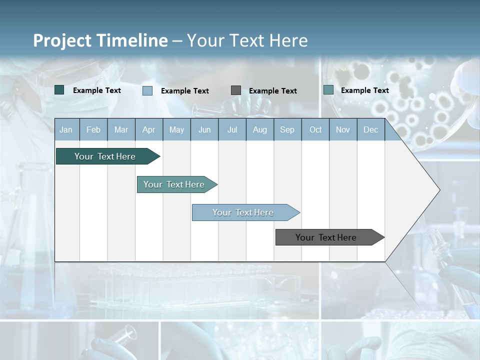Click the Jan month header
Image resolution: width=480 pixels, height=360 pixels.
click(66, 130)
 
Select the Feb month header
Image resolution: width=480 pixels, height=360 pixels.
click(93, 130)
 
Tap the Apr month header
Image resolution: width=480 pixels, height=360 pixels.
click(149, 130)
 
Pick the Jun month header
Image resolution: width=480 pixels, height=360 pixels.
click(204, 130)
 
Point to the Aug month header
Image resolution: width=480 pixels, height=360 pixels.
click(260, 130)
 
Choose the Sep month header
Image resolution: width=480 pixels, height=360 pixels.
click(287, 130)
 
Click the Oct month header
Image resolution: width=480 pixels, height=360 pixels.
click(315, 130)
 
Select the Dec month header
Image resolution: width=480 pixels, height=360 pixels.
click(371, 130)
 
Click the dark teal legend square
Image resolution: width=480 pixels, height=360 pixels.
click(59, 90)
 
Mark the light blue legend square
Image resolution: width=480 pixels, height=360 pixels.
click(147, 90)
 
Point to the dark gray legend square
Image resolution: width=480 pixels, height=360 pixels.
click(236, 90)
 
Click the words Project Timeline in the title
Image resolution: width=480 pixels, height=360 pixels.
click(100, 40)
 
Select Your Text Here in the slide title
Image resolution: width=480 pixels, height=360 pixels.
click(247, 40)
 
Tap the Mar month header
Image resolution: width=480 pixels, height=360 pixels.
click(121, 130)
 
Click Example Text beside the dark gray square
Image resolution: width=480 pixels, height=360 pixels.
click(273, 91)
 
